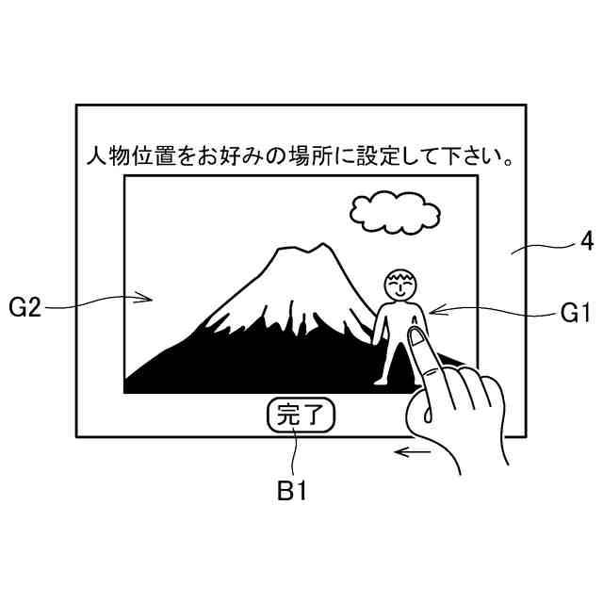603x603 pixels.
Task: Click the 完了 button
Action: point(301,416)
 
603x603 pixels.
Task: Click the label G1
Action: point(575,313)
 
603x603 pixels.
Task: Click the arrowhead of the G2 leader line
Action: point(148,299)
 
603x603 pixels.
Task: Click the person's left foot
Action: point(379,380)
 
